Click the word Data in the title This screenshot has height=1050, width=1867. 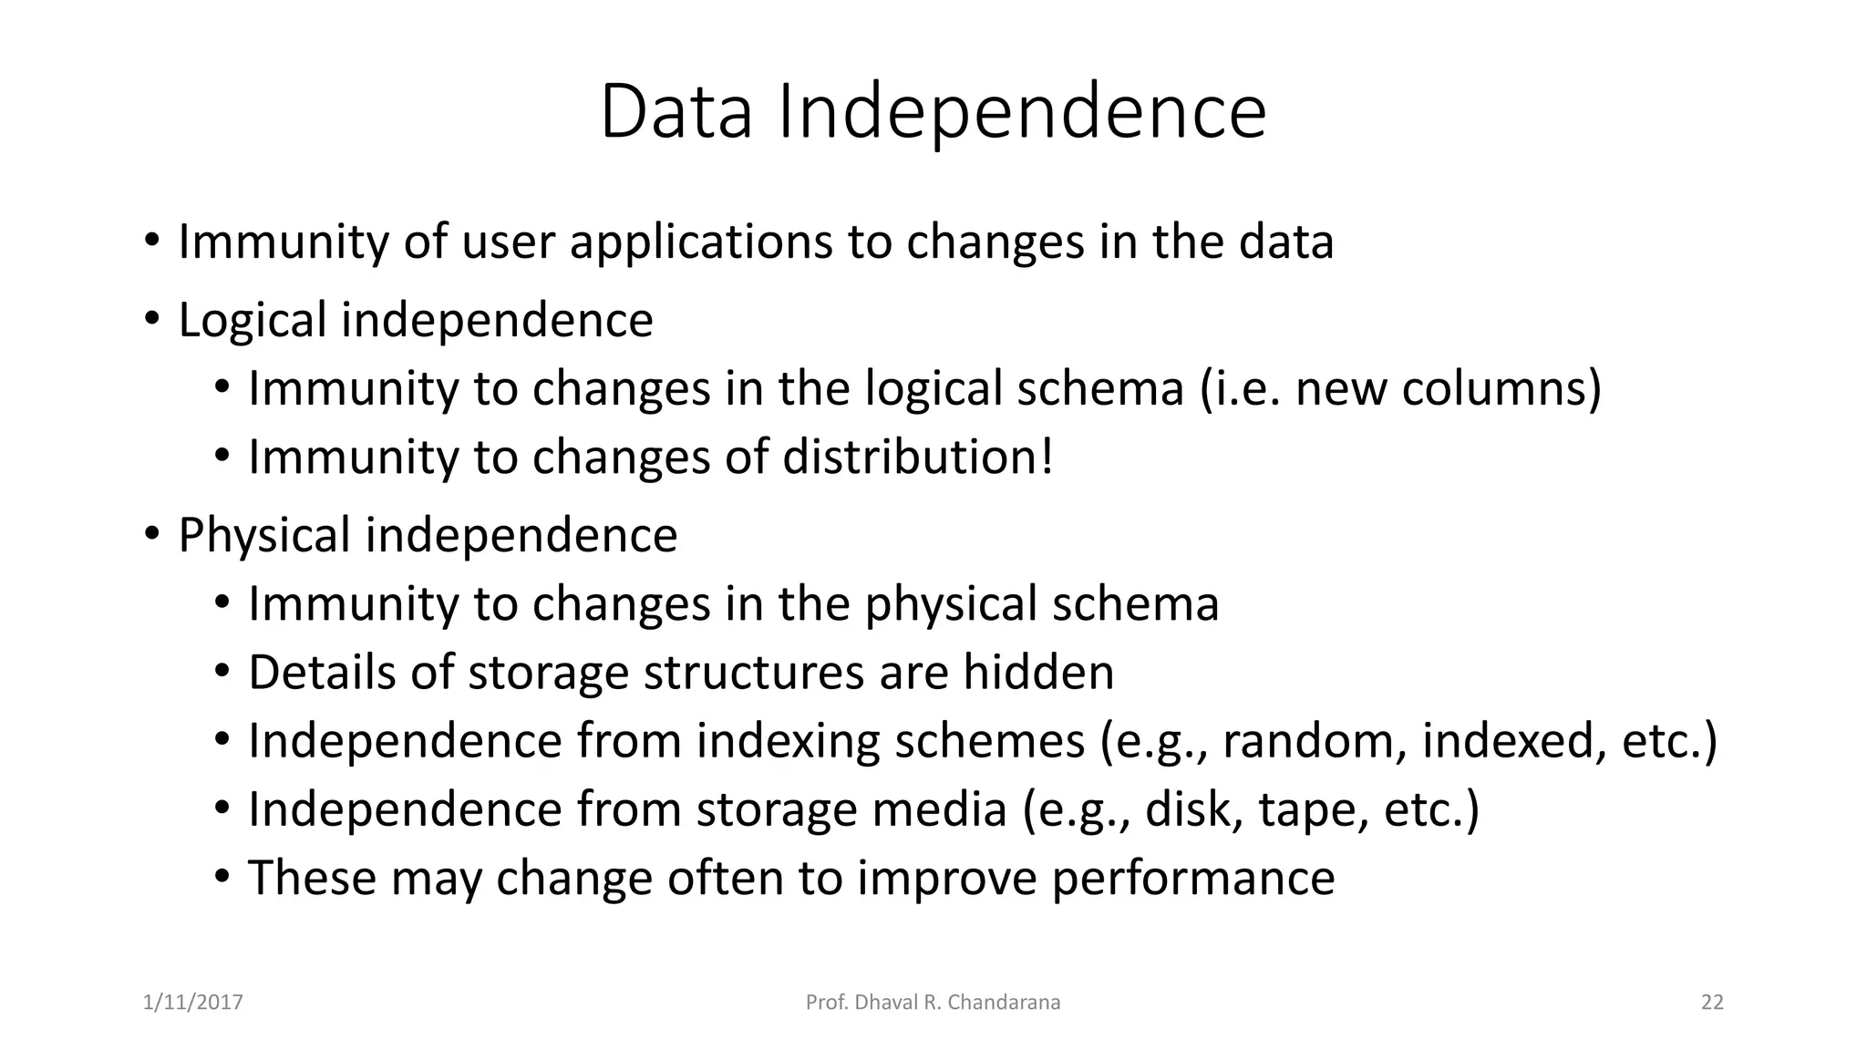[x=676, y=112]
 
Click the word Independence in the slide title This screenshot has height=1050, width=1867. [x=1021, y=112]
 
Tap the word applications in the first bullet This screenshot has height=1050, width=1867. [x=701, y=242]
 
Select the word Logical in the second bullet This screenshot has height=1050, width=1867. [x=252, y=321]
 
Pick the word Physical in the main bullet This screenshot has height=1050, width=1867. [x=264, y=536]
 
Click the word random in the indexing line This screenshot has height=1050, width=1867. [x=1305, y=741]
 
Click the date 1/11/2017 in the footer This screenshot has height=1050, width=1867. [x=193, y=1003]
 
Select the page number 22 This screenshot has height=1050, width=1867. [x=1712, y=1003]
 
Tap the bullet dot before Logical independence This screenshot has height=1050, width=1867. [x=151, y=319]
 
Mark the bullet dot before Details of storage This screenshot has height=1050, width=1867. [x=222, y=672]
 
